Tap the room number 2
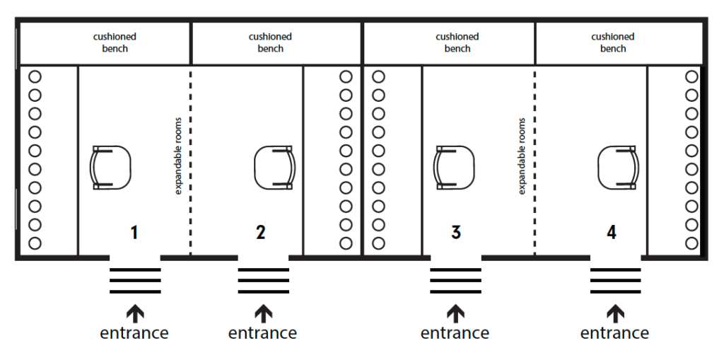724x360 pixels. (261, 231)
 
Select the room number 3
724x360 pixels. (456, 231)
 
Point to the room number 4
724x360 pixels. (612, 231)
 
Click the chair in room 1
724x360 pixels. (111, 167)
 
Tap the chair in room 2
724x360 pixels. (274, 167)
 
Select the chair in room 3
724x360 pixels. (454, 167)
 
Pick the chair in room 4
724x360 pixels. (618, 167)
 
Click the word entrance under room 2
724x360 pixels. (262, 332)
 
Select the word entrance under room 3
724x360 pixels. (455, 332)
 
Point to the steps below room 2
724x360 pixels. (263, 281)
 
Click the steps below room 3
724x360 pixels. (456, 281)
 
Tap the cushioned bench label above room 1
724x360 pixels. (115, 42)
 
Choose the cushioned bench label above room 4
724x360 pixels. (613, 42)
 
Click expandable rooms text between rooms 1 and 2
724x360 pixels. (178, 156)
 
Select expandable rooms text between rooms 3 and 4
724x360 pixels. (522, 156)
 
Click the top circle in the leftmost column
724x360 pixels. (35, 76)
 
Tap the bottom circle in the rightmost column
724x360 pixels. (691, 243)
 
